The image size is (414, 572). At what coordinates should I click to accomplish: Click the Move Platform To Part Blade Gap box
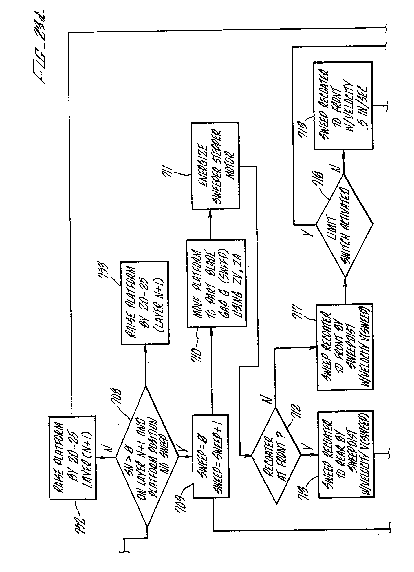click(x=216, y=283)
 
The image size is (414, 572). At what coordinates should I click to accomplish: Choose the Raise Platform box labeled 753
click(x=145, y=302)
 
